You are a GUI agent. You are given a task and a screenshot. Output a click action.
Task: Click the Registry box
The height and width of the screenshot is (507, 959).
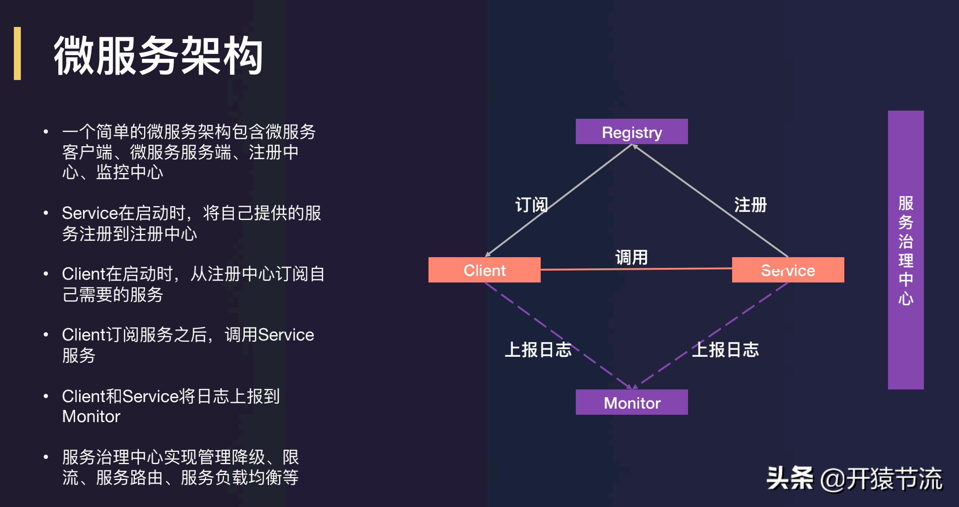pyautogui.click(x=631, y=131)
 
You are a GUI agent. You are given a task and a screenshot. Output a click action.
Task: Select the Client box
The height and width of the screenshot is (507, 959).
pyautogui.click(x=484, y=270)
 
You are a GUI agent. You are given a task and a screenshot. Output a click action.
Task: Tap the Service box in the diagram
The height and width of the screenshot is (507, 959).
pyautogui.click(x=788, y=270)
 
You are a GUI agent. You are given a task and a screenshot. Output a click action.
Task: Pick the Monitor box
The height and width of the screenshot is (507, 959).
pyautogui.click(x=631, y=402)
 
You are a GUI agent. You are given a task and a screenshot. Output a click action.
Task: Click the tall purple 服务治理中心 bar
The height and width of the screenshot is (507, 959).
pyautogui.click(x=906, y=250)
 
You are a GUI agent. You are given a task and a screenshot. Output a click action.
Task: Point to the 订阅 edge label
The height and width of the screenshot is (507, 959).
pyautogui.click(x=531, y=205)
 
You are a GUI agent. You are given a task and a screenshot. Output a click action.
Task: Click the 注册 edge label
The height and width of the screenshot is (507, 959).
pyautogui.click(x=750, y=205)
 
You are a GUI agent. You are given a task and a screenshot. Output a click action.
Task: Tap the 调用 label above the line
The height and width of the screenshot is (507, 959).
pyautogui.click(x=631, y=257)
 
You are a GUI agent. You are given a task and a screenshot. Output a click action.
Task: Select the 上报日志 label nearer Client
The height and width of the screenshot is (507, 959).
pyautogui.click(x=538, y=350)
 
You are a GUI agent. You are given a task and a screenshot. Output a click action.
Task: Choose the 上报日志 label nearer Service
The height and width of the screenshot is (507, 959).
pyautogui.click(x=726, y=350)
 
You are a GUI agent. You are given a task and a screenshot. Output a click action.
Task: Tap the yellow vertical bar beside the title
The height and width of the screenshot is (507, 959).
pyautogui.click(x=17, y=53)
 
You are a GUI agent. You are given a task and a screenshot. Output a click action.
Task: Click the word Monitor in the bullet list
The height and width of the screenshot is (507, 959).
pyautogui.click(x=91, y=416)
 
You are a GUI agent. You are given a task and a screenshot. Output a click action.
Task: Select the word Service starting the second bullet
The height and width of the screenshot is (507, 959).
pyautogui.click(x=90, y=213)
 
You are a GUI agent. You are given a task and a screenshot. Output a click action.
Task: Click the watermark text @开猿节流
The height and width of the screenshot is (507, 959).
pyautogui.click(x=881, y=478)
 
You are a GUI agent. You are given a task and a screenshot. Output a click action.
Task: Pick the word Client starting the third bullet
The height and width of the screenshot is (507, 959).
pyautogui.click(x=84, y=274)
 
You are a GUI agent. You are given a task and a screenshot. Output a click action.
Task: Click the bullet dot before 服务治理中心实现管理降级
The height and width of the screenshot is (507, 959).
pyautogui.click(x=46, y=457)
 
